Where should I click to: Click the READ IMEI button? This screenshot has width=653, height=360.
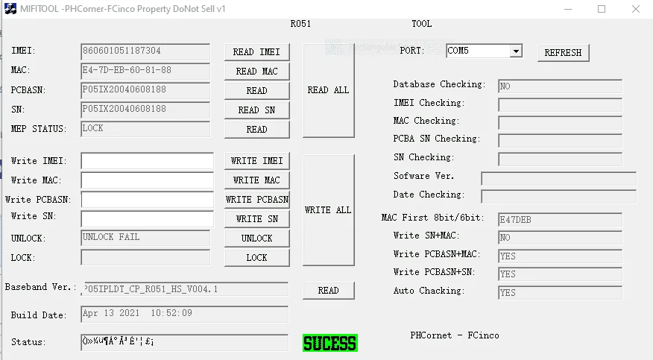[x=256, y=52]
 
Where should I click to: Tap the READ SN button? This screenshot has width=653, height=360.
[x=256, y=110]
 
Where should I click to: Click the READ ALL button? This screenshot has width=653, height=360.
[x=329, y=90]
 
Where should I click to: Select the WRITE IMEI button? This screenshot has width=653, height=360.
[x=256, y=161]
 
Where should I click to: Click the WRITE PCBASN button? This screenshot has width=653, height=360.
[x=256, y=200]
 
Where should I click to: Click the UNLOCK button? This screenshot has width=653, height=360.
[x=256, y=239]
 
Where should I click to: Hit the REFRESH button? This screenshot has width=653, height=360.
[x=563, y=53]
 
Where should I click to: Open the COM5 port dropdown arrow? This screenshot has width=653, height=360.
[x=516, y=51]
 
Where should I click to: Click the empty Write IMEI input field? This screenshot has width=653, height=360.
[x=147, y=161]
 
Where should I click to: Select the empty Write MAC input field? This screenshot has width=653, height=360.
[x=147, y=180]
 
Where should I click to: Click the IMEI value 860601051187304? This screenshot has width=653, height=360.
[x=122, y=51]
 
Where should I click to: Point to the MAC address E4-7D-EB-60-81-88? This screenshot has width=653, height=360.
[x=127, y=70]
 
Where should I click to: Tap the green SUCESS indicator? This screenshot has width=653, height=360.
[x=329, y=343]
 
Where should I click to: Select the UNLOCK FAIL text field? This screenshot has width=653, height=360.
[x=145, y=238]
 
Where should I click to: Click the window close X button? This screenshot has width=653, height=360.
[x=636, y=9]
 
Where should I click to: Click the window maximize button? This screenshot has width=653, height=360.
[x=602, y=9]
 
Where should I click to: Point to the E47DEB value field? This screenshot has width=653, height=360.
[x=560, y=219]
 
